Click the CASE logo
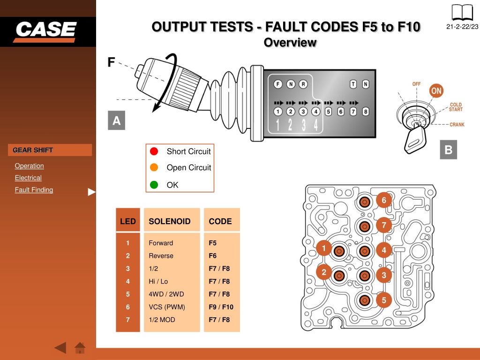point(45,31)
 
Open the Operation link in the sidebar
point(30,165)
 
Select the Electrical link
point(28,178)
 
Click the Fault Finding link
point(34,190)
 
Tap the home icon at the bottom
point(80,348)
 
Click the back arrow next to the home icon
point(60,348)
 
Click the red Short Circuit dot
point(154,151)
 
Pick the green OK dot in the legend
point(154,185)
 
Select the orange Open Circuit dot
point(154,167)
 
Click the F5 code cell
point(212,243)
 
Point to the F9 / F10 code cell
point(221,307)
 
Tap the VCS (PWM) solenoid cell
point(167,307)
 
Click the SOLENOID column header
point(170,221)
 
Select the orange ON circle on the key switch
point(436,90)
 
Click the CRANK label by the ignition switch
point(457,125)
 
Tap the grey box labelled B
point(449,150)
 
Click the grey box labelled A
point(116,120)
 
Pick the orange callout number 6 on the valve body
point(384,200)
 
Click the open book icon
point(462,13)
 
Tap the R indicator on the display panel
point(303,84)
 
